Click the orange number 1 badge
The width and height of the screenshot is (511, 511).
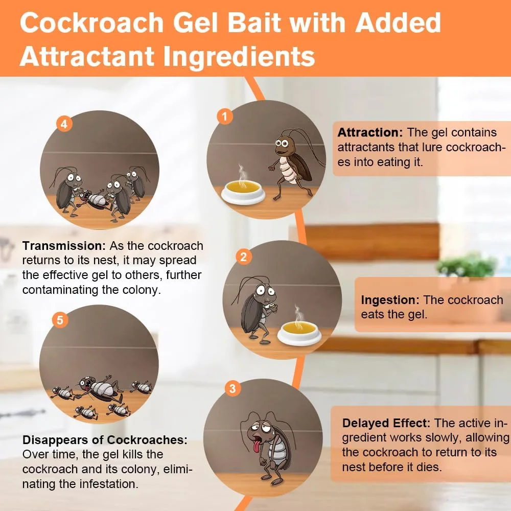223,117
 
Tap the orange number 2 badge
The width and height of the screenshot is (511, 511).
243,257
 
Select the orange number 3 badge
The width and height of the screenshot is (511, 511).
233,389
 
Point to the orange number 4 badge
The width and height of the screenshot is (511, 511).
64,124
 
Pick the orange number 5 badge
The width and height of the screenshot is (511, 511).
60,320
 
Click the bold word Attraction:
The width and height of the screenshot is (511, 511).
370,132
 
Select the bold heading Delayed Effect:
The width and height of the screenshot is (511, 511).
387,423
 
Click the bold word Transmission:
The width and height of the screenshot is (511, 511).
64,246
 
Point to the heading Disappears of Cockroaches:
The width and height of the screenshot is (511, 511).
105,440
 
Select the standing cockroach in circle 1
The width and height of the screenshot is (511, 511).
292,164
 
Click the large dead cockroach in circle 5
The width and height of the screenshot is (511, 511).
100,389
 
